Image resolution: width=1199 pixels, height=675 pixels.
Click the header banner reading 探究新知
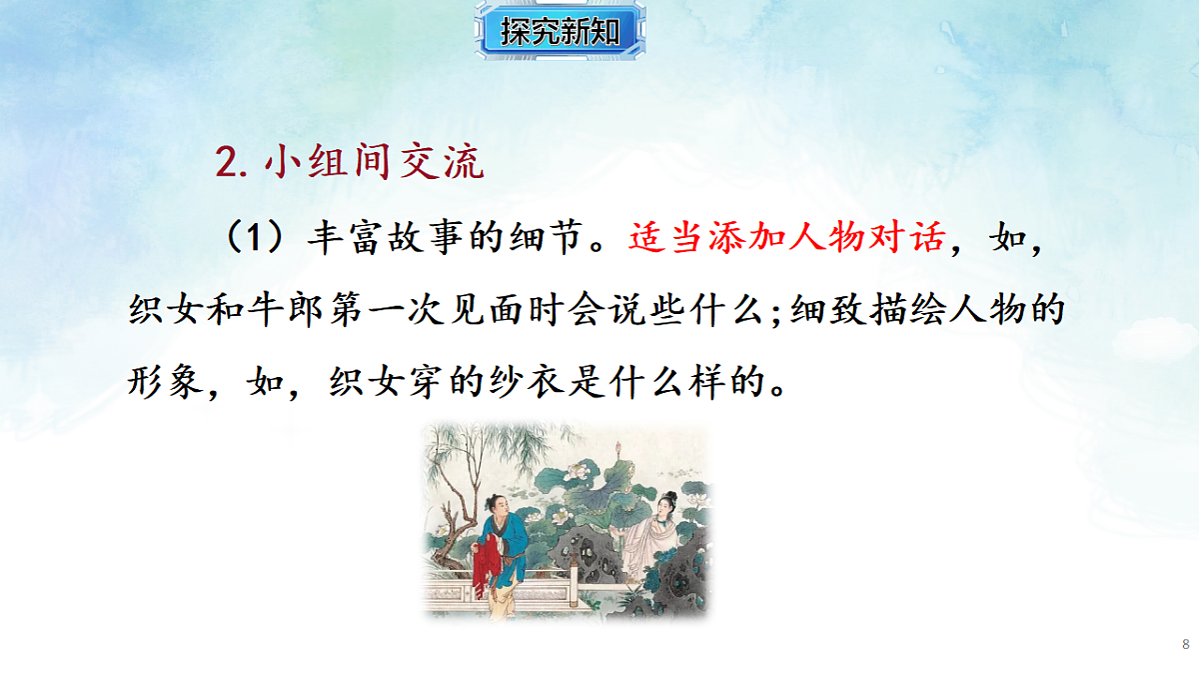[560, 32]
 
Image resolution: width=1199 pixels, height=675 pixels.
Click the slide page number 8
[1185, 644]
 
